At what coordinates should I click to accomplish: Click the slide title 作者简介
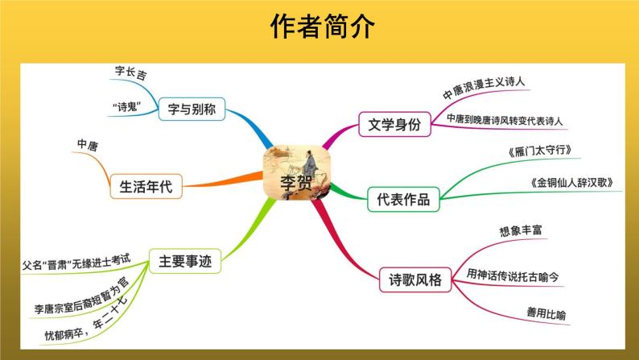tap(319, 27)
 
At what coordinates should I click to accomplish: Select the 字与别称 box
tap(191, 108)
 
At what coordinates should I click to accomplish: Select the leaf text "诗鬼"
tap(129, 106)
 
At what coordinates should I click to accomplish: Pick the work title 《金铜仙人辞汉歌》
tap(572, 183)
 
